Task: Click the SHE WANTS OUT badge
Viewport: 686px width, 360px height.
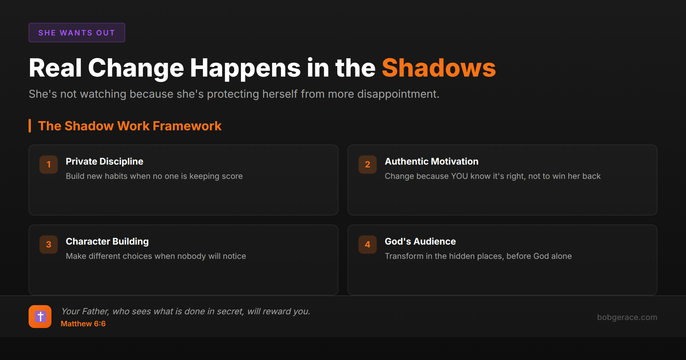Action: (x=77, y=33)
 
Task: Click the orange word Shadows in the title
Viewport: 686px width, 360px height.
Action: (x=439, y=68)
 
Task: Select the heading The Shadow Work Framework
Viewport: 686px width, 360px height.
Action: (x=129, y=126)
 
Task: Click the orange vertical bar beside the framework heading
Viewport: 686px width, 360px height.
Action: (x=30, y=126)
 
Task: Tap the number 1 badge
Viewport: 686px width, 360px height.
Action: (x=49, y=164)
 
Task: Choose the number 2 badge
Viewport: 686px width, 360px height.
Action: (x=368, y=164)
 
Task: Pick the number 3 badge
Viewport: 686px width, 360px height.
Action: (x=49, y=244)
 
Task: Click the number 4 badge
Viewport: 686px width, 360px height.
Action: (x=368, y=244)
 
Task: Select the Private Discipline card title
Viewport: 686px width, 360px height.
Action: (x=104, y=162)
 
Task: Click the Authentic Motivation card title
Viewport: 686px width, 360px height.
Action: (x=431, y=161)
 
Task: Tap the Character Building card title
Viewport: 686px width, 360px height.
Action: (x=107, y=242)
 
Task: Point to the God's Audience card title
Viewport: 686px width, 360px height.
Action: (x=420, y=241)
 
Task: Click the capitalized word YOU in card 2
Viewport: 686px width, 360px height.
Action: (x=459, y=176)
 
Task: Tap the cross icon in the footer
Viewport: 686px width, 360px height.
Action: (x=40, y=317)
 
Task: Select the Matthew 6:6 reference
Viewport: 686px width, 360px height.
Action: (x=83, y=324)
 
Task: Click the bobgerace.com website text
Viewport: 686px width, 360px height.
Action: (x=627, y=317)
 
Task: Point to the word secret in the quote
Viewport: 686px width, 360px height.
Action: (x=229, y=311)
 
